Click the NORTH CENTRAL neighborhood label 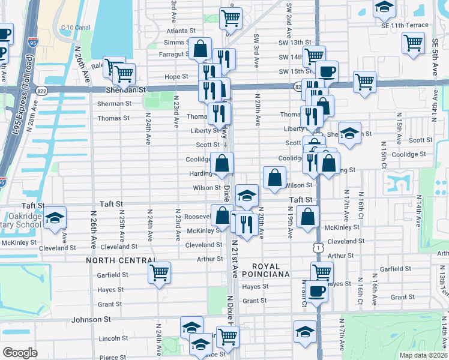click(121, 260)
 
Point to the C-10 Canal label click(75, 28)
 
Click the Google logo click(20, 352)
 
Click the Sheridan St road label click(126, 89)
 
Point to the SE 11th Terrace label click(403, 25)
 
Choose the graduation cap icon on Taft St click(247, 194)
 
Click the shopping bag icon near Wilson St click(274, 177)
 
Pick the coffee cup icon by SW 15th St click(327, 71)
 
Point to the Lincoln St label click(110, 338)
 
